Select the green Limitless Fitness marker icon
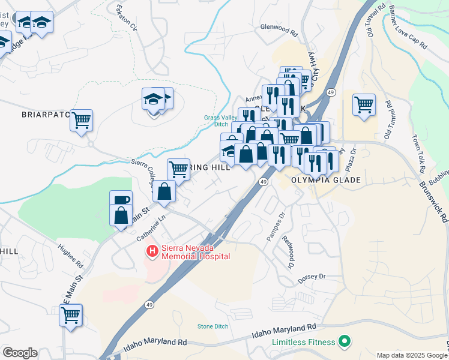click(344, 342)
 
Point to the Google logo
click(20, 353)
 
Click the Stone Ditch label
click(213, 326)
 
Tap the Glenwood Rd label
click(279, 28)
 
